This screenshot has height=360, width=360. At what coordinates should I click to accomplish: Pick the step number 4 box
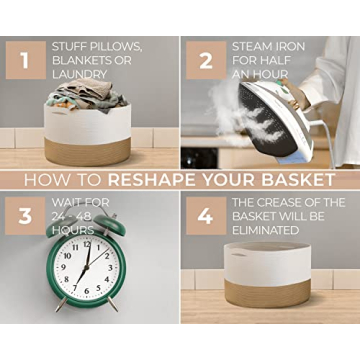coord(204,215)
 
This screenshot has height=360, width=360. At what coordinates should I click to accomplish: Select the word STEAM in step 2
coord(251,46)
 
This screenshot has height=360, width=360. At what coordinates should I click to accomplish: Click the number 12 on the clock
coord(86,245)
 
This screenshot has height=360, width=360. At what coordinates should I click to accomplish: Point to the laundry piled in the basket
coord(85,95)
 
